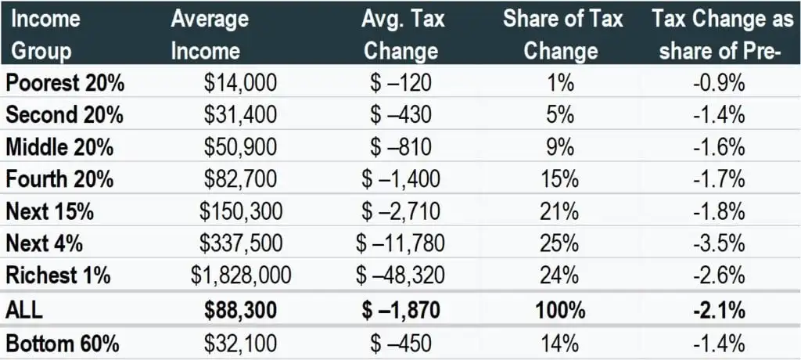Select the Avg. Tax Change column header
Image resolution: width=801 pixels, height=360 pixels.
[x=400, y=34]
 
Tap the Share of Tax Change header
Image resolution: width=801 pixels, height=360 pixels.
[x=562, y=34]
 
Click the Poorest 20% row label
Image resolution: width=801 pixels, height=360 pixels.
[x=65, y=83]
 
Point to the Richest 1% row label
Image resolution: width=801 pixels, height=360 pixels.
[x=59, y=275]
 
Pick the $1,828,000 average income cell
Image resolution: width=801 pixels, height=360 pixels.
[x=241, y=275]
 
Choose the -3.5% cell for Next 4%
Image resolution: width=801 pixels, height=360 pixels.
[x=718, y=243]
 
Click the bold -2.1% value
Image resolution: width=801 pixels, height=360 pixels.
[x=718, y=309]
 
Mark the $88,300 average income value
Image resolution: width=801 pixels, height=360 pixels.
[x=241, y=309]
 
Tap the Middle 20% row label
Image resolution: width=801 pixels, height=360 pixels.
[x=61, y=147]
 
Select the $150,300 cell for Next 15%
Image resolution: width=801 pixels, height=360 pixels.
[x=241, y=211]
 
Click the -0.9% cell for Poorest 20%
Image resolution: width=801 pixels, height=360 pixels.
[x=718, y=83]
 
